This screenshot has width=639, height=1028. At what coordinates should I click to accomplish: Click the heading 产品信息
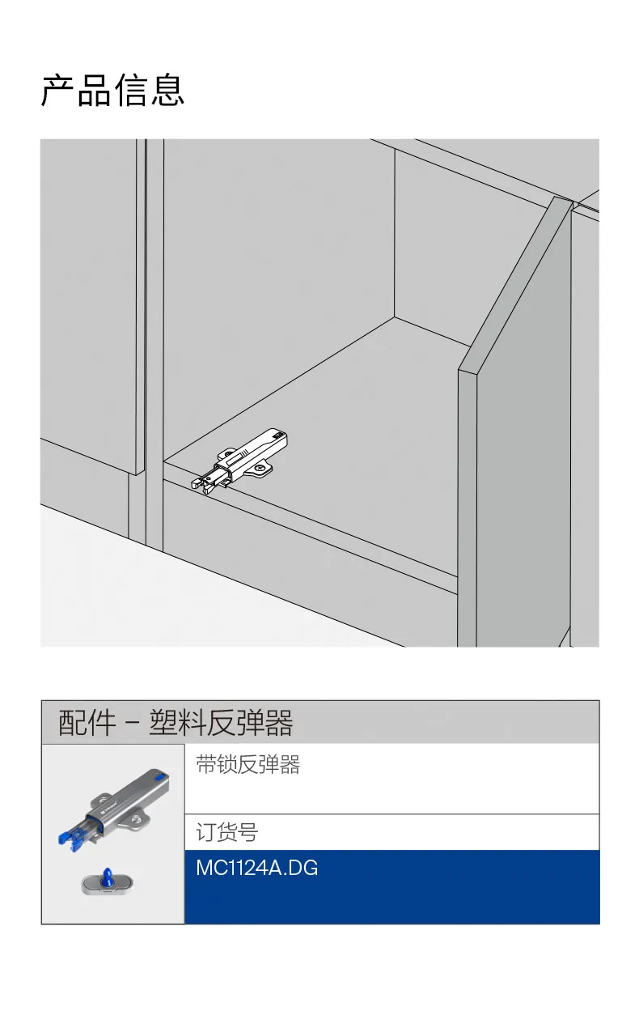coord(112,90)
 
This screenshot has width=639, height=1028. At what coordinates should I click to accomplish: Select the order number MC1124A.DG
coord(257,869)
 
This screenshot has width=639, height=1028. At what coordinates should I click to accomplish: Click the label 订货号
coord(227,832)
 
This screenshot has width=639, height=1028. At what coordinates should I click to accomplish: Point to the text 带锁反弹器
coord(248,765)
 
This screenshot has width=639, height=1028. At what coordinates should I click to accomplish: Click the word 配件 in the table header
coord(87,723)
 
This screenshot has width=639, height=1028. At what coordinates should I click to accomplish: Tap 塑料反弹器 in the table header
coord(221,723)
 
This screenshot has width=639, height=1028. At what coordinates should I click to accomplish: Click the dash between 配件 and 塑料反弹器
coord(132,724)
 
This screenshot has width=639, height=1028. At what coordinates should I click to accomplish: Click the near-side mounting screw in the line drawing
coord(260,468)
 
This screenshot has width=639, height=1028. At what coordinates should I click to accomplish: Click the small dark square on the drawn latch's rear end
coord(277,433)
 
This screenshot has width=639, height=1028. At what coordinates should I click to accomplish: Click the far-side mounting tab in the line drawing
coord(225,454)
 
